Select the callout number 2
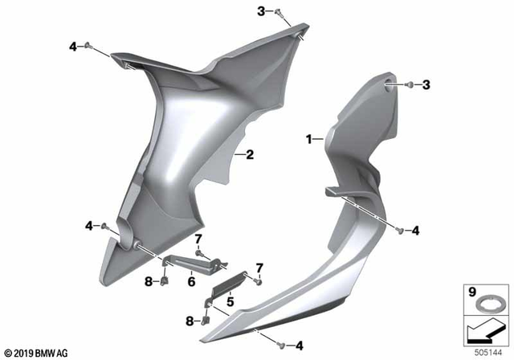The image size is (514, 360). click(x=250, y=154)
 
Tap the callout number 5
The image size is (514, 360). click(x=229, y=302)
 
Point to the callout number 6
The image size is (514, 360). click(x=191, y=282)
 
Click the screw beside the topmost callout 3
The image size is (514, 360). click(x=277, y=14)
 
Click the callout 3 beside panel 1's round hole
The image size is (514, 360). click(x=426, y=84)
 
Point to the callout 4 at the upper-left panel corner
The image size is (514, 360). click(x=74, y=47)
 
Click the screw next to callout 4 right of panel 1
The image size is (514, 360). click(x=398, y=232)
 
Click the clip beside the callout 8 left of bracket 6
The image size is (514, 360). click(x=162, y=281)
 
